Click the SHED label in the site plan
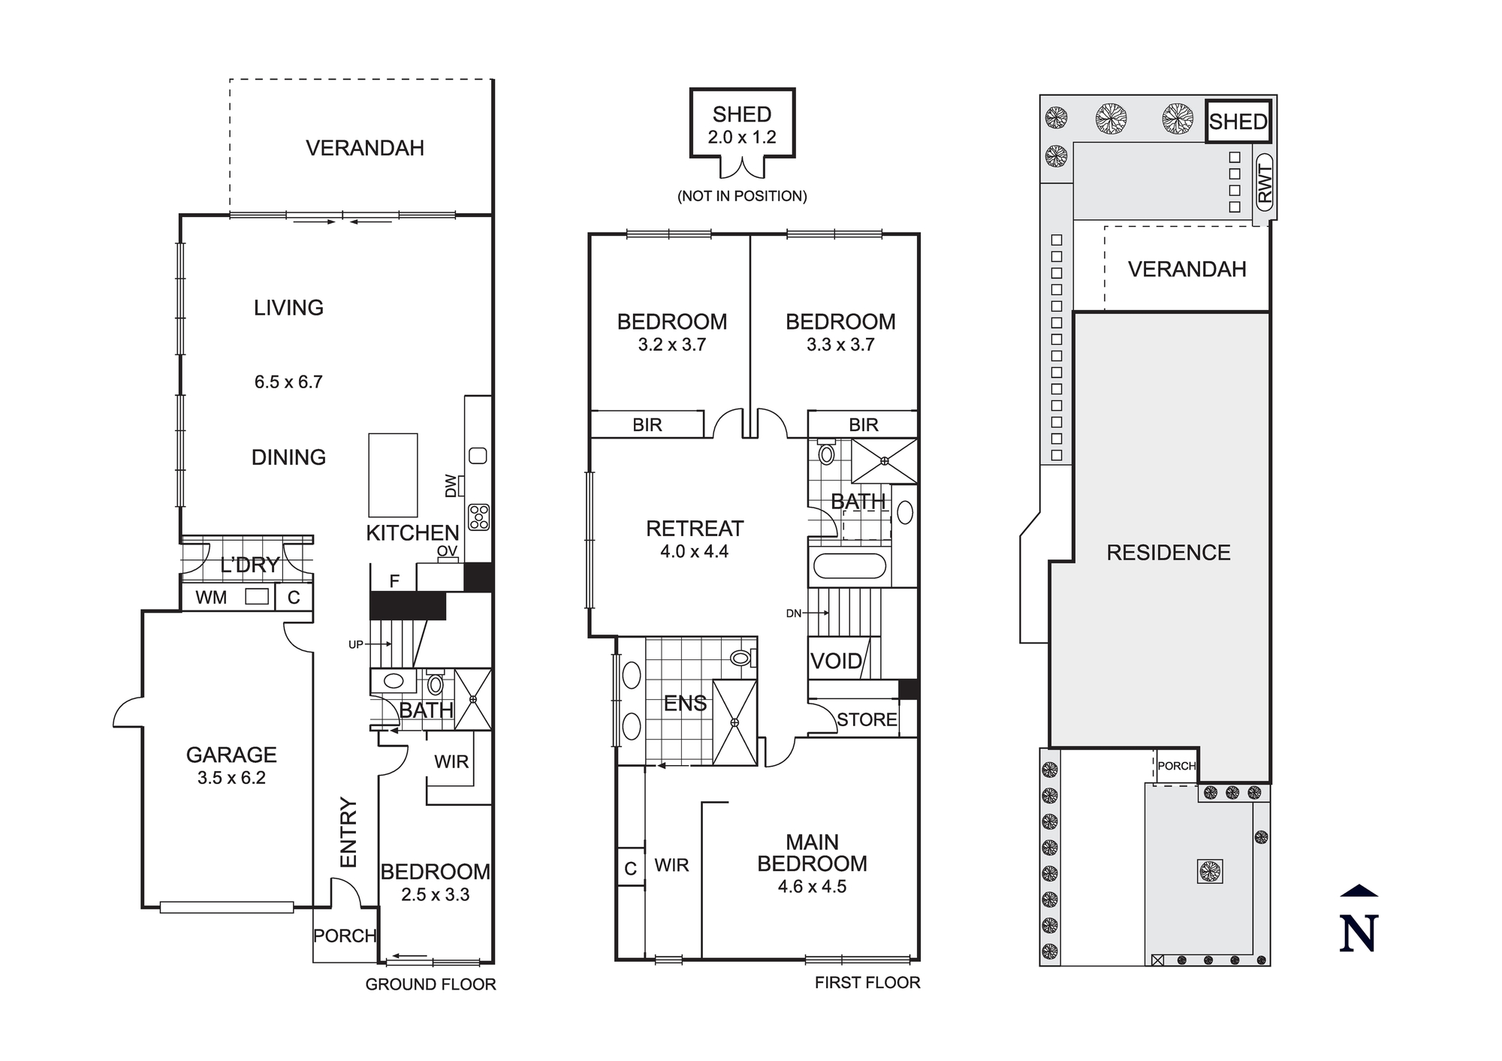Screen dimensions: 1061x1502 [x=1238, y=122]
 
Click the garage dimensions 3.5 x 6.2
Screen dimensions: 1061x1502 [x=231, y=778]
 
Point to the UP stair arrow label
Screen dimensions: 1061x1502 [x=356, y=644]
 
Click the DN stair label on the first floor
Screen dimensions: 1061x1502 [x=794, y=613]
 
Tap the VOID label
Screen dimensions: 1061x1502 [x=835, y=662]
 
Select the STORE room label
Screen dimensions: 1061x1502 [x=867, y=719]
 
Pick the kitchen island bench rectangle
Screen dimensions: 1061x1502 [x=393, y=475]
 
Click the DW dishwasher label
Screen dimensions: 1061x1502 [x=451, y=485]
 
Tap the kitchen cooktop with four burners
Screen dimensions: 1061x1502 [x=479, y=517]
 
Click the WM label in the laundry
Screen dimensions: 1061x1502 [x=211, y=598]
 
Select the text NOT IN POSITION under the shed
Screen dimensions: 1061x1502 [x=742, y=196]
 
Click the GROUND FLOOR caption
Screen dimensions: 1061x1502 [x=430, y=984]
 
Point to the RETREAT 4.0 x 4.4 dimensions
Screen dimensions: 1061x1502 [x=694, y=552]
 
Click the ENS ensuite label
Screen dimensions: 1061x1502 [x=685, y=704]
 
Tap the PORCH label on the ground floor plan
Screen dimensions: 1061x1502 [x=345, y=936]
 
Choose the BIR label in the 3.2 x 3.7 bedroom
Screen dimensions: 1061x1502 [x=647, y=425]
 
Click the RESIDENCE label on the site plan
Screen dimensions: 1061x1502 [x=1168, y=553]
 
